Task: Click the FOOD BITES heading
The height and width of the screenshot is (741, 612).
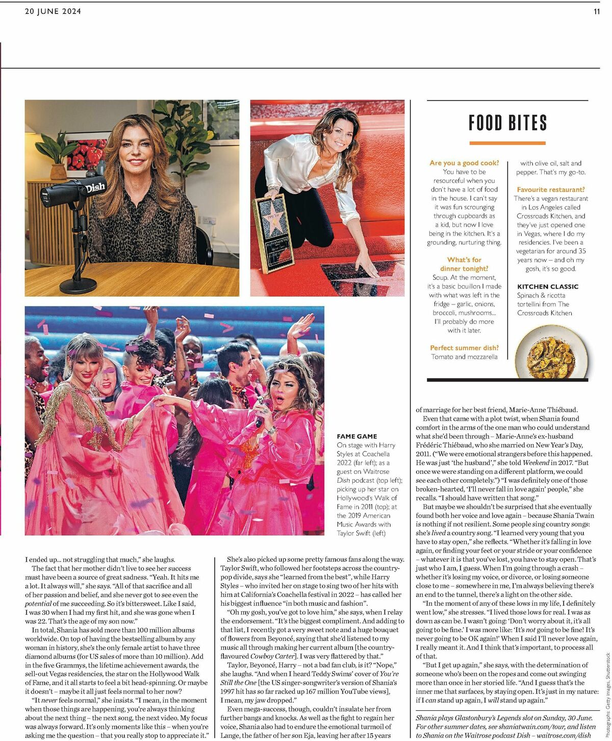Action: pos(507,123)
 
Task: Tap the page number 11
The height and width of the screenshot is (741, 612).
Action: pos(596,12)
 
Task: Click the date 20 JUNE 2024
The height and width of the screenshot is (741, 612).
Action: pos(53,12)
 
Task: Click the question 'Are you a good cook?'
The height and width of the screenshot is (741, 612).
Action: pos(464,163)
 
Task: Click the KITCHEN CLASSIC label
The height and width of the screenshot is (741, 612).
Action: pos(547,286)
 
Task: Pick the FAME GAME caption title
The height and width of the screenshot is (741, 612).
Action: pos(356,436)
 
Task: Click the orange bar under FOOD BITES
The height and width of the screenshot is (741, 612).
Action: pos(507,143)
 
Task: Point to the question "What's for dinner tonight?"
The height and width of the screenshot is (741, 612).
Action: pos(464,264)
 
